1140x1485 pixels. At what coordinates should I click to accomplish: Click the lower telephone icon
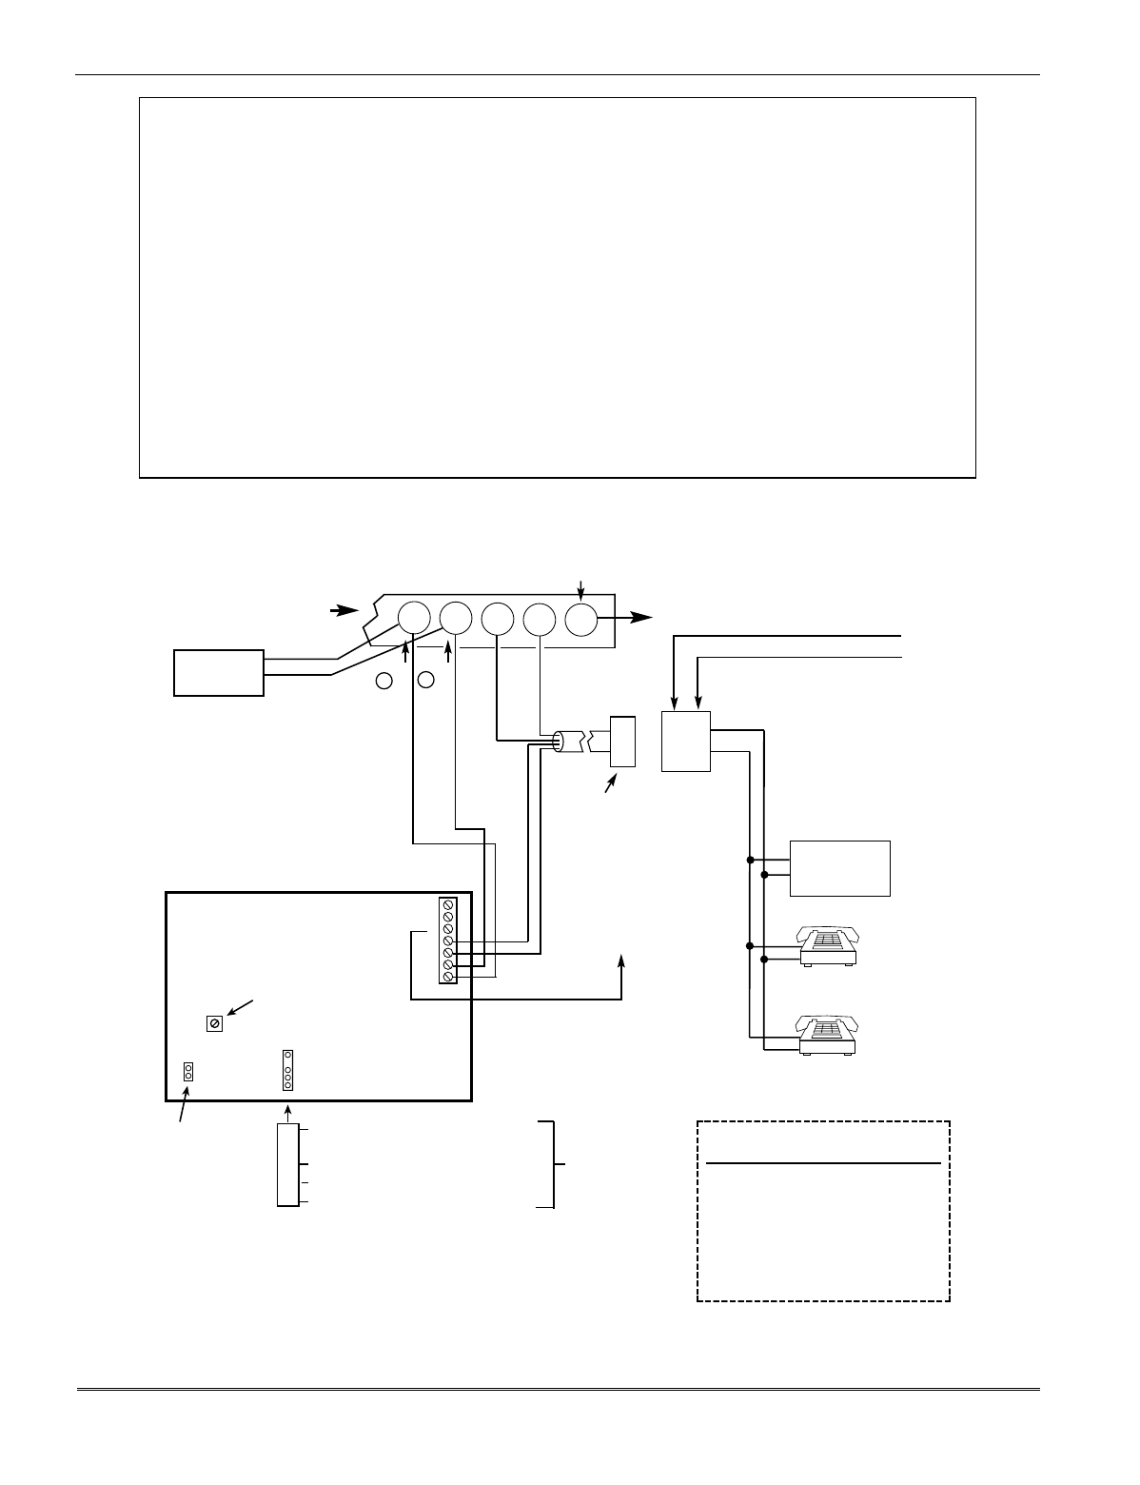(x=829, y=1036)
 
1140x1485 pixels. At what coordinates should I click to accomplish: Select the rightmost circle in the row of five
(x=580, y=619)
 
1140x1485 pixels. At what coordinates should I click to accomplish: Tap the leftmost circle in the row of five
(x=413, y=619)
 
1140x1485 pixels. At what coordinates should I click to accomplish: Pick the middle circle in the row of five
(x=497, y=619)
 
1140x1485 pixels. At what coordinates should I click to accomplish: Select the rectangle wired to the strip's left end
(x=219, y=672)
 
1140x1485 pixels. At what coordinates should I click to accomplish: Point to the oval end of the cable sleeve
(x=559, y=742)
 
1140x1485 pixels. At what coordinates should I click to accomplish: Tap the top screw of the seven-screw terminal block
(x=447, y=903)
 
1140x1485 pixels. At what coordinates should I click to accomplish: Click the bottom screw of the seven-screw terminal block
(x=447, y=977)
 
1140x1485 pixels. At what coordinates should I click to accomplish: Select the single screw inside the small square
(x=215, y=1023)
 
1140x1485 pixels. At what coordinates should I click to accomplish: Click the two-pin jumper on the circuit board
(x=188, y=1072)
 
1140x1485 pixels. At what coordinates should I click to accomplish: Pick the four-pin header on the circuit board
(x=287, y=1071)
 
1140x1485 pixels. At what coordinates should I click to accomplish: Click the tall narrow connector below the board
(x=286, y=1165)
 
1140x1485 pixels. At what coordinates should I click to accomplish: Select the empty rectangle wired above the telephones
(x=839, y=868)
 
